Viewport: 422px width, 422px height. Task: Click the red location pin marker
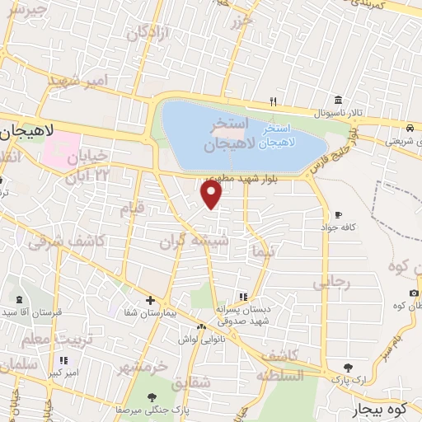click(212, 195)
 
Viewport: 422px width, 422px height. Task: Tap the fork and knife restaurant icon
click(273, 101)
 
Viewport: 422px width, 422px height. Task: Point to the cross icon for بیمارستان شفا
click(150, 300)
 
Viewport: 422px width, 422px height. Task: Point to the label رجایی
click(331, 283)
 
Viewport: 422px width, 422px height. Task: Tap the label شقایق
click(191, 383)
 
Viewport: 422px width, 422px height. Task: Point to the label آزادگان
click(148, 33)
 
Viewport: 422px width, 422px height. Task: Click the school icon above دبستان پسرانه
click(241, 297)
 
